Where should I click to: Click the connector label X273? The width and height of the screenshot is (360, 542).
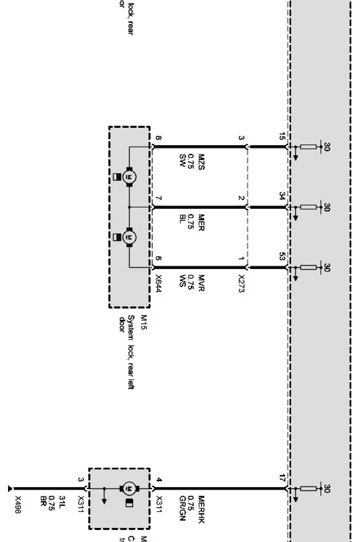(241, 283)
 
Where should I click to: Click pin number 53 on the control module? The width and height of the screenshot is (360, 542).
(282, 257)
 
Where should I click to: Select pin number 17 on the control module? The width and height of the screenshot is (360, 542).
(282, 478)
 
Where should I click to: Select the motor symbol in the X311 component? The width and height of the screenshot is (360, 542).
(129, 488)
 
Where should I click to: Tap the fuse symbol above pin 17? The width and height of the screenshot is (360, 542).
(308, 488)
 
